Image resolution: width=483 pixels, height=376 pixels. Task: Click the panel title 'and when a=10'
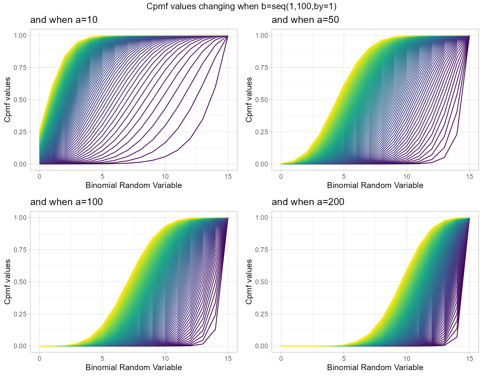click(64, 20)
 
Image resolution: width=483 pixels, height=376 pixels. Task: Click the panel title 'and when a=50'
click(305, 20)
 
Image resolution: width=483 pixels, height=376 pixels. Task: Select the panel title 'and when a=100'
click(66, 202)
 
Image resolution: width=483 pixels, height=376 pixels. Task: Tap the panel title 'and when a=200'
click(308, 202)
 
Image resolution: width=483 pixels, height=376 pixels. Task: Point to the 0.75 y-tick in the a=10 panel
click(20, 68)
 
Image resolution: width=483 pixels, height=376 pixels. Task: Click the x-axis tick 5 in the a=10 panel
click(102, 177)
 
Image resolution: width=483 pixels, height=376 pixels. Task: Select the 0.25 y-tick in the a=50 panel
click(262, 132)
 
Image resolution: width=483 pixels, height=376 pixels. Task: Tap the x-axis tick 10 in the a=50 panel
click(406, 177)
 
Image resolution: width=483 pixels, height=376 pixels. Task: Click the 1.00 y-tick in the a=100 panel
click(20, 218)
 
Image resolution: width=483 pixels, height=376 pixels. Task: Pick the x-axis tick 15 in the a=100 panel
click(228, 359)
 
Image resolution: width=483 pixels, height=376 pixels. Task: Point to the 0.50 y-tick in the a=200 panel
click(262, 282)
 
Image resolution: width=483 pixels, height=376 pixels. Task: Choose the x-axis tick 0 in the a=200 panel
click(281, 359)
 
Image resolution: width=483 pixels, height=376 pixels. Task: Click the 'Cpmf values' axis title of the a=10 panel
click(8, 100)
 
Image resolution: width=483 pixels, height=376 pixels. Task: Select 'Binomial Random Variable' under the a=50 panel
click(375, 185)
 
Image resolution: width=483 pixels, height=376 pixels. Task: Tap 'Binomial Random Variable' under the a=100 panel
click(134, 367)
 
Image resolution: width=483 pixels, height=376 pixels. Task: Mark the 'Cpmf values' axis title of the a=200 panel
click(249, 282)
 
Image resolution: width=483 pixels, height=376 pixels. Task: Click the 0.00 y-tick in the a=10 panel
click(20, 164)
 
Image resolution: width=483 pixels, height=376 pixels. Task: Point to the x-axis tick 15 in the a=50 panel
click(470, 177)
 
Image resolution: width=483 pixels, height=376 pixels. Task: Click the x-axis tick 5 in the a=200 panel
click(344, 359)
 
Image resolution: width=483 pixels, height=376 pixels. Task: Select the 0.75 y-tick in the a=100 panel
click(20, 250)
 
